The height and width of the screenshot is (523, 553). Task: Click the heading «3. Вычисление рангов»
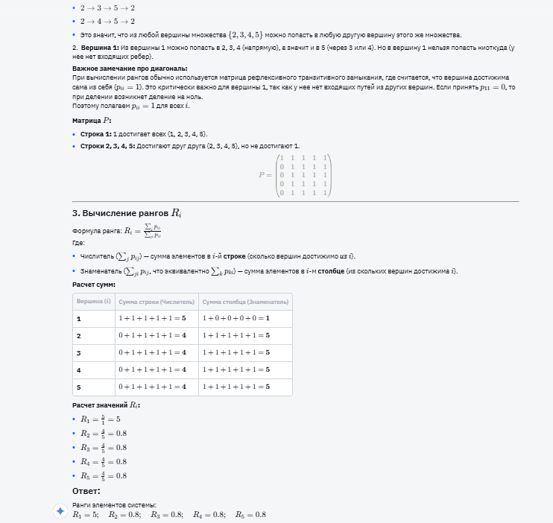pyautogui.click(x=127, y=213)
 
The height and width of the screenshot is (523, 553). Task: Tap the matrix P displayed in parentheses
pyautogui.click(x=304, y=175)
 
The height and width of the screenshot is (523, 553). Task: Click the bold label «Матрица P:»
pyautogui.click(x=92, y=120)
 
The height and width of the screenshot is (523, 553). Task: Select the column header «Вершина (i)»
pyautogui.click(x=94, y=301)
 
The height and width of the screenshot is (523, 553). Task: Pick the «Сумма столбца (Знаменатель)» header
pyautogui.click(x=244, y=301)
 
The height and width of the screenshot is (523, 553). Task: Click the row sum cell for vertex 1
pyautogui.click(x=154, y=319)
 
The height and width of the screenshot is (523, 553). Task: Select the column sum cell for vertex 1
pyautogui.click(x=236, y=319)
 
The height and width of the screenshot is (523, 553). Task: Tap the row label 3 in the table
pyautogui.click(x=78, y=353)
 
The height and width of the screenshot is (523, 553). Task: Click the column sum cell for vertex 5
pyautogui.click(x=236, y=387)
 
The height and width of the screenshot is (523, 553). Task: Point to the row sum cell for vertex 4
pyautogui.click(x=154, y=370)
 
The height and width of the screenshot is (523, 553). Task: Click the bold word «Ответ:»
pyautogui.click(x=86, y=491)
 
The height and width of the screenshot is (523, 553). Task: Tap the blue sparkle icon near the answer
pyautogui.click(x=60, y=511)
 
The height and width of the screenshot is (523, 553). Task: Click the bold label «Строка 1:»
pyautogui.click(x=96, y=134)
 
